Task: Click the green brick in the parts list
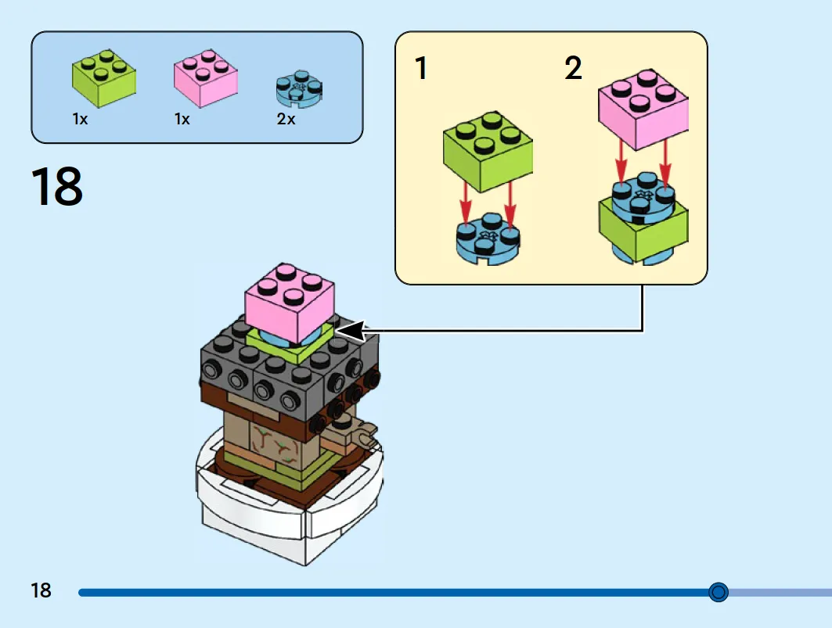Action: pos(104,78)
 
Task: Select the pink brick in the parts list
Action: pos(206,78)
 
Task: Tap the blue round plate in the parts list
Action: pos(299,88)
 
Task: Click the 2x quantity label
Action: pos(286,119)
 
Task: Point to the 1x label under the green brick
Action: pos(80,119)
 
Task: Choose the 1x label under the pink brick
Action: pos(182,119)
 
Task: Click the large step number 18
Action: pos(57,186)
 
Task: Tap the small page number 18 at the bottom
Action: pos(41,590)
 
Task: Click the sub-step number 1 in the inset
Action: pos(421,68)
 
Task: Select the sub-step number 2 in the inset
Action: pos(573,68)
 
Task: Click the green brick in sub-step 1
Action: pos(488,152)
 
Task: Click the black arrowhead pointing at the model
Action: pos(351,331)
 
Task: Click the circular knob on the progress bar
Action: pos(719,592)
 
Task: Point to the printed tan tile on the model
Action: pos(276,446)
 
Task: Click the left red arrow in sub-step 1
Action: pos(466,203)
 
